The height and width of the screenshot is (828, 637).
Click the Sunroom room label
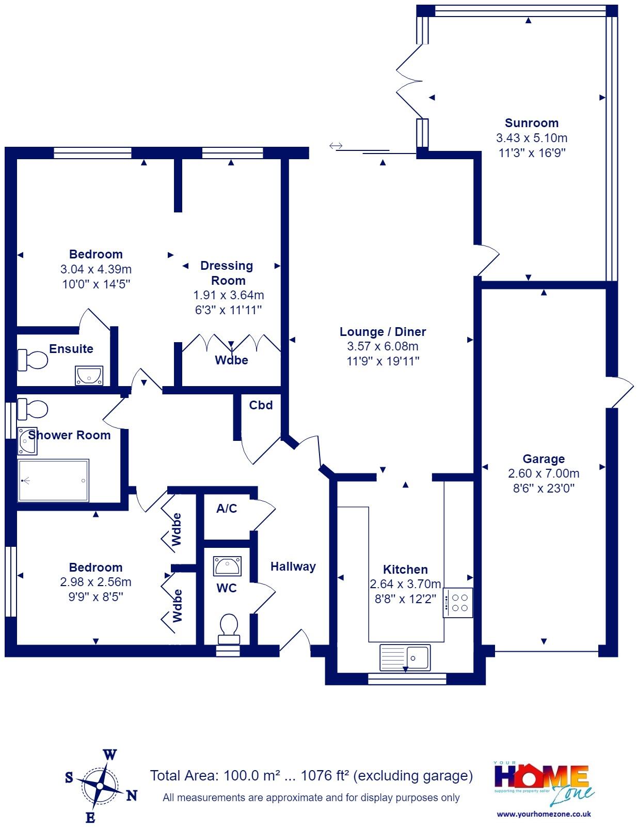(x=531, y=123)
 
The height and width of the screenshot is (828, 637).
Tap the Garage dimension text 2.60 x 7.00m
(x=544, y=473)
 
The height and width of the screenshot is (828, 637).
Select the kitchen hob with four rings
(x=457, y=603)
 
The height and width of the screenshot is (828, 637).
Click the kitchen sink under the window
(x=405, y=657)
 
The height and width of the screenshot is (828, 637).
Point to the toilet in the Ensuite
(x=33, y=359)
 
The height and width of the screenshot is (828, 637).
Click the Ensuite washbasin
(x=89, y=375)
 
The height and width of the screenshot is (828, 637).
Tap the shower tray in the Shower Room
(x=53, y=481)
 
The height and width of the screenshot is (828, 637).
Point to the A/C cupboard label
(x=227, y=508)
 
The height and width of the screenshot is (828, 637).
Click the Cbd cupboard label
(x=261, y=405)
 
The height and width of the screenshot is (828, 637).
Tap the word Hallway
(x=293, y=566)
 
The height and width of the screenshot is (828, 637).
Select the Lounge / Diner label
(x=383, y=332)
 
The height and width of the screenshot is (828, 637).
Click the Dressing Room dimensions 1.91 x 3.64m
(x=228, y=295)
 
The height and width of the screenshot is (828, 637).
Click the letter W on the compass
(x=110, y=755)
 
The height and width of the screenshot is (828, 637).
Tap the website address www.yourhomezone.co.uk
(x=544, y=814)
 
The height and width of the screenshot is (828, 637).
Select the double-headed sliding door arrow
(x=336, y=145)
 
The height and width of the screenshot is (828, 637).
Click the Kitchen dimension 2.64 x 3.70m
(x=405, y=584)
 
